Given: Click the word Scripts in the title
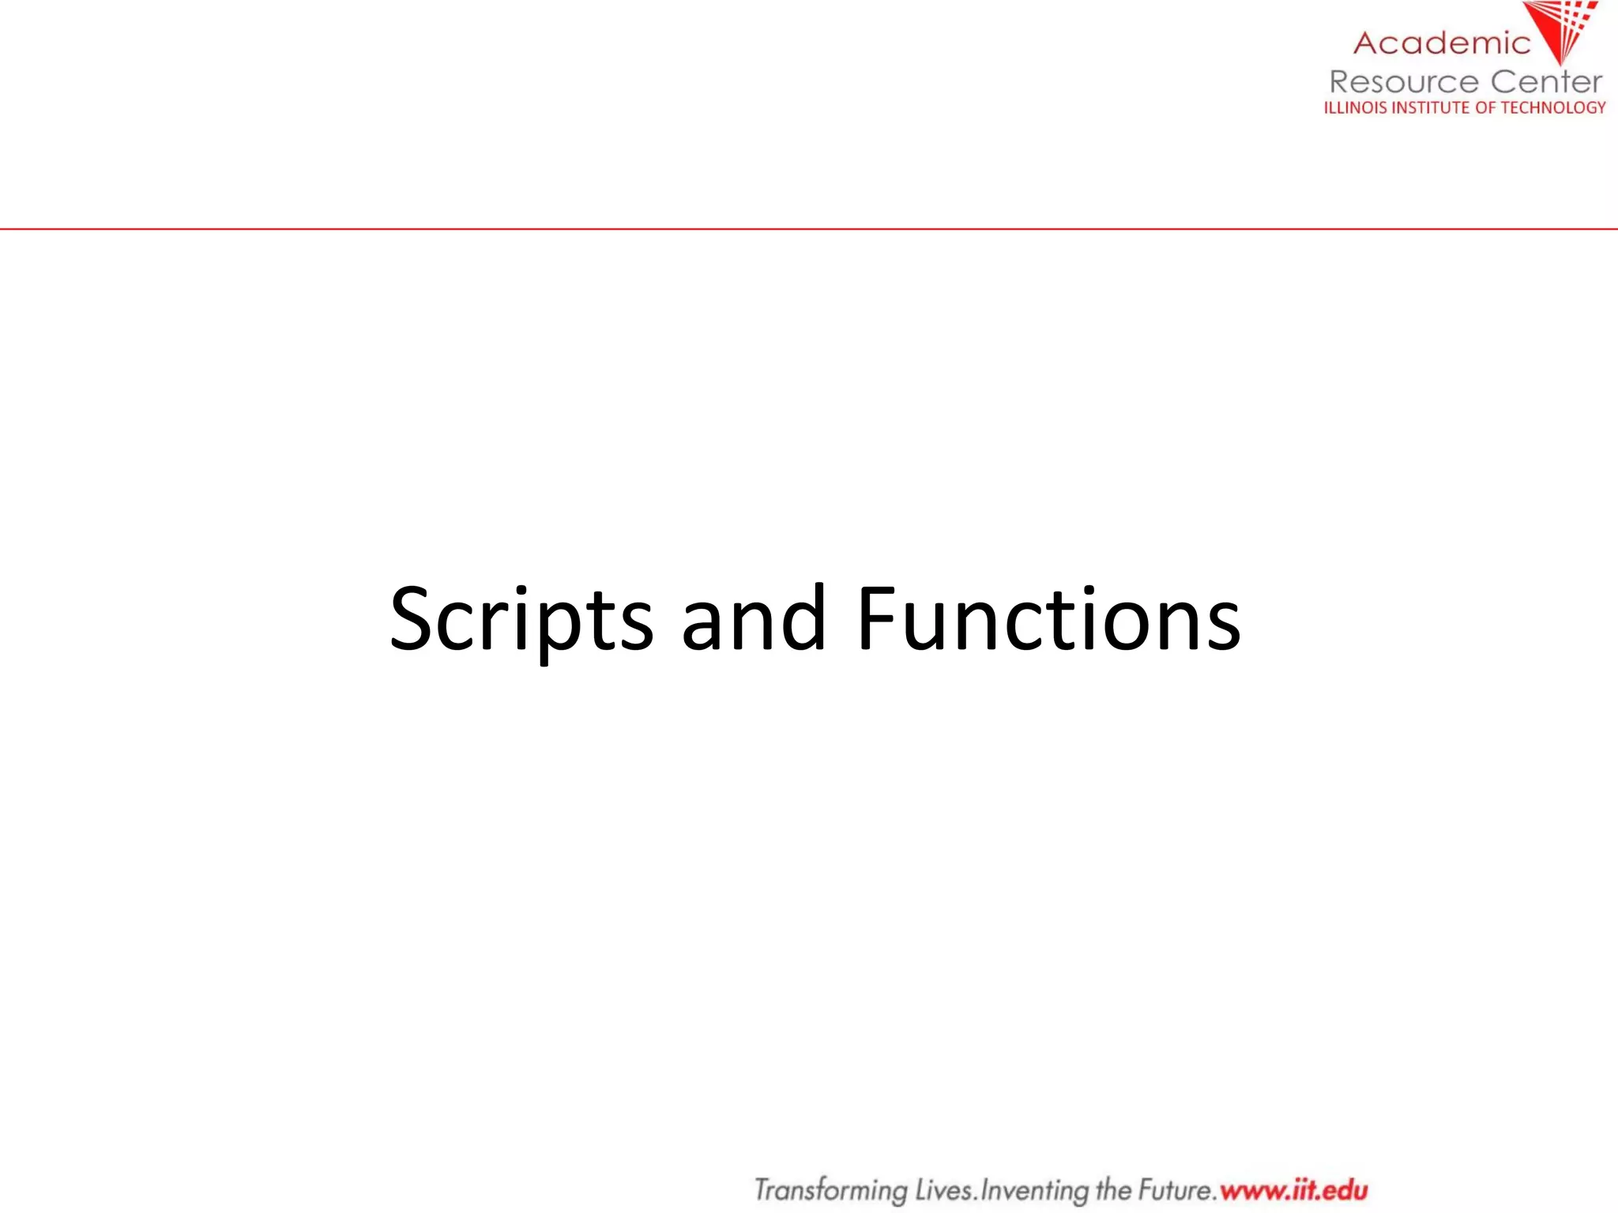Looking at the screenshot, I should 521,621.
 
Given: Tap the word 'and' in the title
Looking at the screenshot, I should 754,621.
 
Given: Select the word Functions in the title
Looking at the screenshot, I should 1048,621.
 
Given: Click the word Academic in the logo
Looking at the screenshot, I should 1442,43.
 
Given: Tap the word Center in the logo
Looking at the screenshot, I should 1546,82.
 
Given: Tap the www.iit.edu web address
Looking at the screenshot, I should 1294,1190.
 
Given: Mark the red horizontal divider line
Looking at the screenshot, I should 809,229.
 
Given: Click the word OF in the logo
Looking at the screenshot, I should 1485,108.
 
